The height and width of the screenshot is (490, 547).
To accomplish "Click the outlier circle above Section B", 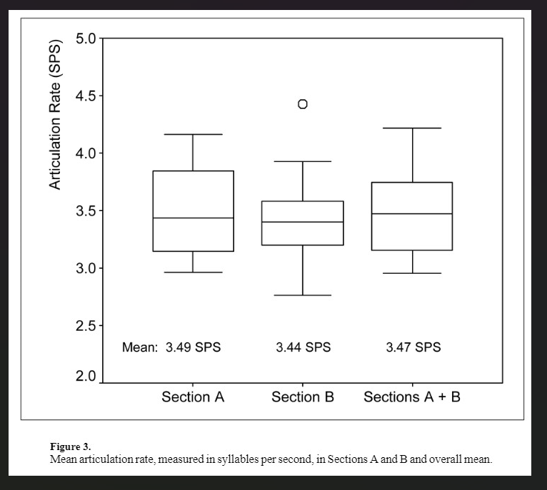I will tap(303, 104).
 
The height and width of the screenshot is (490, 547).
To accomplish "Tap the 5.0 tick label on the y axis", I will tap(86, 39).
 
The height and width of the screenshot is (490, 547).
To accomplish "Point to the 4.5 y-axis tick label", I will tap(86, 96).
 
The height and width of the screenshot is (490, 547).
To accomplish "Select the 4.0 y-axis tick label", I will tap(86, 153).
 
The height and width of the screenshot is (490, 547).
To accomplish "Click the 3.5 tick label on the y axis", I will tap(86, 211).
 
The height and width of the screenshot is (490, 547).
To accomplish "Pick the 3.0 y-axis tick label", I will tap(86, 269).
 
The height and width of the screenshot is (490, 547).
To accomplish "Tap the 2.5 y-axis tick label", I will tap(86, 326).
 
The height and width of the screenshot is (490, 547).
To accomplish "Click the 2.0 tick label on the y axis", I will tap(86, 377).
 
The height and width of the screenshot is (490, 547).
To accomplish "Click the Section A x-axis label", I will tap(193, 397).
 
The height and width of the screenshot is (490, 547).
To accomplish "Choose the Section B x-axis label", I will tap(303, 397).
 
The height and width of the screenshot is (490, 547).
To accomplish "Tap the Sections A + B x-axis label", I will tap(412, 397).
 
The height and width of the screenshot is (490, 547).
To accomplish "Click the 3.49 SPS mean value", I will tap(194, 348).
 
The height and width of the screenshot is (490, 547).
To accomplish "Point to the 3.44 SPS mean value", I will tap(303, 348).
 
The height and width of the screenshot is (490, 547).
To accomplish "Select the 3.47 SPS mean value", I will tap(413, 348).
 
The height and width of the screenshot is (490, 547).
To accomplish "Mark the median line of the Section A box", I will tap(194, 218).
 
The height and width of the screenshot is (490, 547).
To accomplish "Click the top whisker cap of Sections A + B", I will tap(413, 128).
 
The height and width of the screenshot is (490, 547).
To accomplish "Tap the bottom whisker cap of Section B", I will tap(303, 295).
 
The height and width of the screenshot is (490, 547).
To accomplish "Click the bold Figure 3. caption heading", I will tap(71, 446).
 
